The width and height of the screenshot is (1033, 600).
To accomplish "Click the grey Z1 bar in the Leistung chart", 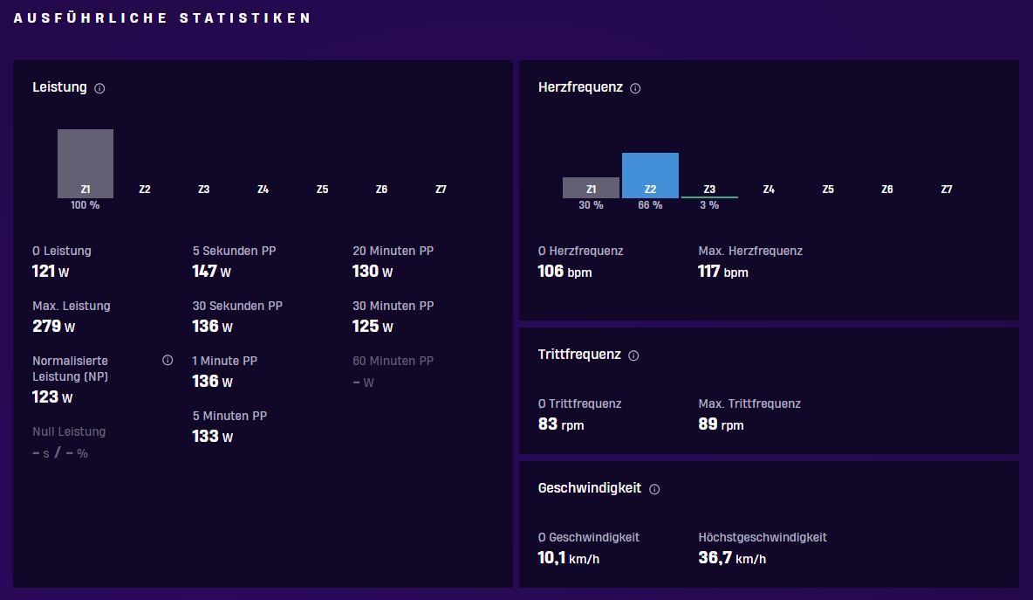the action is [85, 163].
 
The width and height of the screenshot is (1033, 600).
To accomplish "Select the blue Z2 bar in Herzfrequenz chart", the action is [650, 176].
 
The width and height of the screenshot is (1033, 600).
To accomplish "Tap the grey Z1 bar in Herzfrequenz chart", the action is [591, 187].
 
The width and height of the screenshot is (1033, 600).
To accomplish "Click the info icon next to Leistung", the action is [99, 88].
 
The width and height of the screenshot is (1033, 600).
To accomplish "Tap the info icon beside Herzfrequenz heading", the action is [635, 88].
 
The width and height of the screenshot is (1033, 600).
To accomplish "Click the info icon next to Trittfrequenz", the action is [633, 355].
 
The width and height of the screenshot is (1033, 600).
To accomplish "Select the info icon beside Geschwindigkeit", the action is [654, 489].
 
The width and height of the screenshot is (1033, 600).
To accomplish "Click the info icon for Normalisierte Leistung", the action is [168, 360].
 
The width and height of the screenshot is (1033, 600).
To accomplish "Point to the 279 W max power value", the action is [53, 327].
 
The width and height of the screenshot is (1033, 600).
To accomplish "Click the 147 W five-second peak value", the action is [211, 272].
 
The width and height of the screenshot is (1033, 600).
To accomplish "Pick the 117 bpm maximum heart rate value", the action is [723, 272].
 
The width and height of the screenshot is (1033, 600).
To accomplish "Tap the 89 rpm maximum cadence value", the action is [721, 424].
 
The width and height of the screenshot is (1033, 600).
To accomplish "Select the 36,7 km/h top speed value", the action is [732, 558].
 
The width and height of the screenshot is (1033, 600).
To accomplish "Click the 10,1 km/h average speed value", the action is [569, 558].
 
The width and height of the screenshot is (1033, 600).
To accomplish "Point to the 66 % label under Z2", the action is [650, 205].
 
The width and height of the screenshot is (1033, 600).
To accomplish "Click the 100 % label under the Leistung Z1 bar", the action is [85, 205].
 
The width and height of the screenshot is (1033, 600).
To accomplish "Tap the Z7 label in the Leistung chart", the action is [441, 190].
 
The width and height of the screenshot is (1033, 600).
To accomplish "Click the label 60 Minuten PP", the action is [393, 361].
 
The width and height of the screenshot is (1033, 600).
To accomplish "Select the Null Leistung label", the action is [69, 431].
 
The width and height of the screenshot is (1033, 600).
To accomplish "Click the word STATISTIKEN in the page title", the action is [245, 17].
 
